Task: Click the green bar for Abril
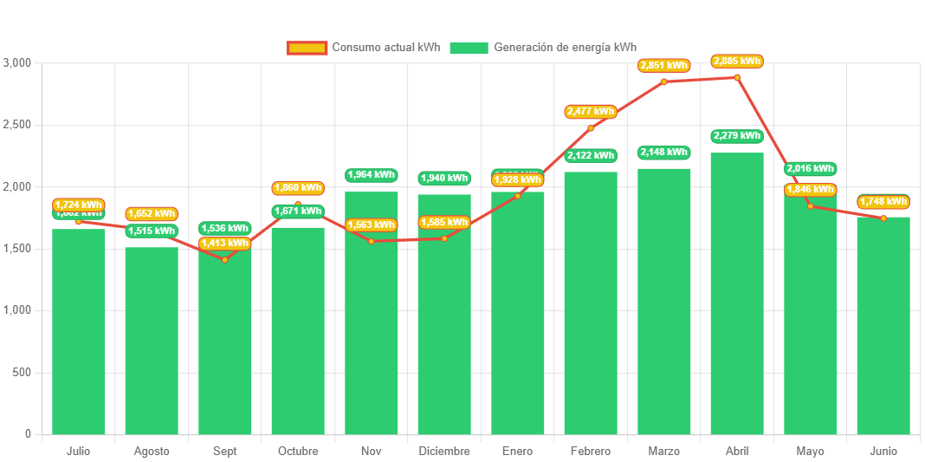(737, 295)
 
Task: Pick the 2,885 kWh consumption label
(737, 61)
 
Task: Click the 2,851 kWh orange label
(663, 65)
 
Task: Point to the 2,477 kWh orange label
(591, 111)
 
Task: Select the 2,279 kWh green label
(737, 135)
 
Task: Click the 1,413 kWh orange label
(224, 244)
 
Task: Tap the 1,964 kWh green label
(371, 174)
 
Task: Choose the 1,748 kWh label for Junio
(883, 202)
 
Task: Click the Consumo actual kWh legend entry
(364, 48)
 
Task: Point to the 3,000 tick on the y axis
(17, 63)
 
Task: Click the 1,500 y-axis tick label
(17, 249)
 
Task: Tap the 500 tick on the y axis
(22, 373)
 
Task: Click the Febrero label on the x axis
(591, 452)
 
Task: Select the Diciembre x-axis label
(444, 452)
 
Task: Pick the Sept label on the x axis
(224, 452)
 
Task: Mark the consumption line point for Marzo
(663, 81)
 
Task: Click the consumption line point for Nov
(371, 241)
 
